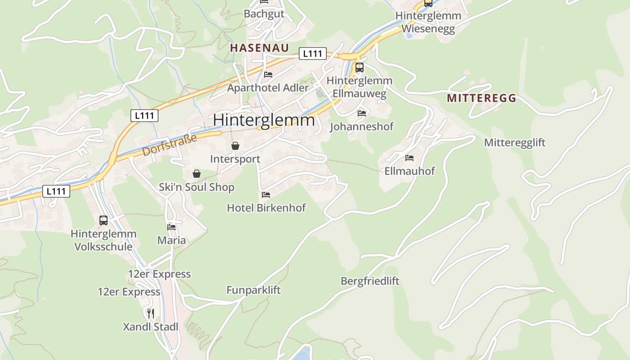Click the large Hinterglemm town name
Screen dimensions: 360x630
(x=264, y=120)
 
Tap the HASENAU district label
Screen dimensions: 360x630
(x=259, y=48)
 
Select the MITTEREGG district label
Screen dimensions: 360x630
(x=481, y=99)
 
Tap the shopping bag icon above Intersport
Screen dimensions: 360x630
(x=235, y=146)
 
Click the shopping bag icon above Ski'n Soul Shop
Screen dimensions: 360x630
(x=196, y=174)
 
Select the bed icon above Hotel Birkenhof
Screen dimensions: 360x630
(x=266, y=195)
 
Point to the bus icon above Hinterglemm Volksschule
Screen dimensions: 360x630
(x=103, y=220)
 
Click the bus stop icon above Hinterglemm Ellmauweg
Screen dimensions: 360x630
(x=359, y=67)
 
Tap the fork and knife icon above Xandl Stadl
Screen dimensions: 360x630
(x=151, y=313)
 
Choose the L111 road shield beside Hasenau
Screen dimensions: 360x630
(x=312, y=54)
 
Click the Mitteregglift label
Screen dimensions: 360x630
(x=514, y=143)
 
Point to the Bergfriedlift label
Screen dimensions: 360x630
(x=370, y=281)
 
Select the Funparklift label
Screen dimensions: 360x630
(x=253, y=290)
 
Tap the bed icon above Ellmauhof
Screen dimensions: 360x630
(x=409, y=158)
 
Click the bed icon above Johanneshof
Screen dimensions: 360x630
(x=362, y=113)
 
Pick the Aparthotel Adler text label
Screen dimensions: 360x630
(x=268, y=88)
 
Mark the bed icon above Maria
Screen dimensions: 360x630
(x=171, y=227)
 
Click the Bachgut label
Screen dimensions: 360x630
(x=264, y=14)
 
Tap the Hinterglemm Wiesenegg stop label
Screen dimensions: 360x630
(x=428, y=22)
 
